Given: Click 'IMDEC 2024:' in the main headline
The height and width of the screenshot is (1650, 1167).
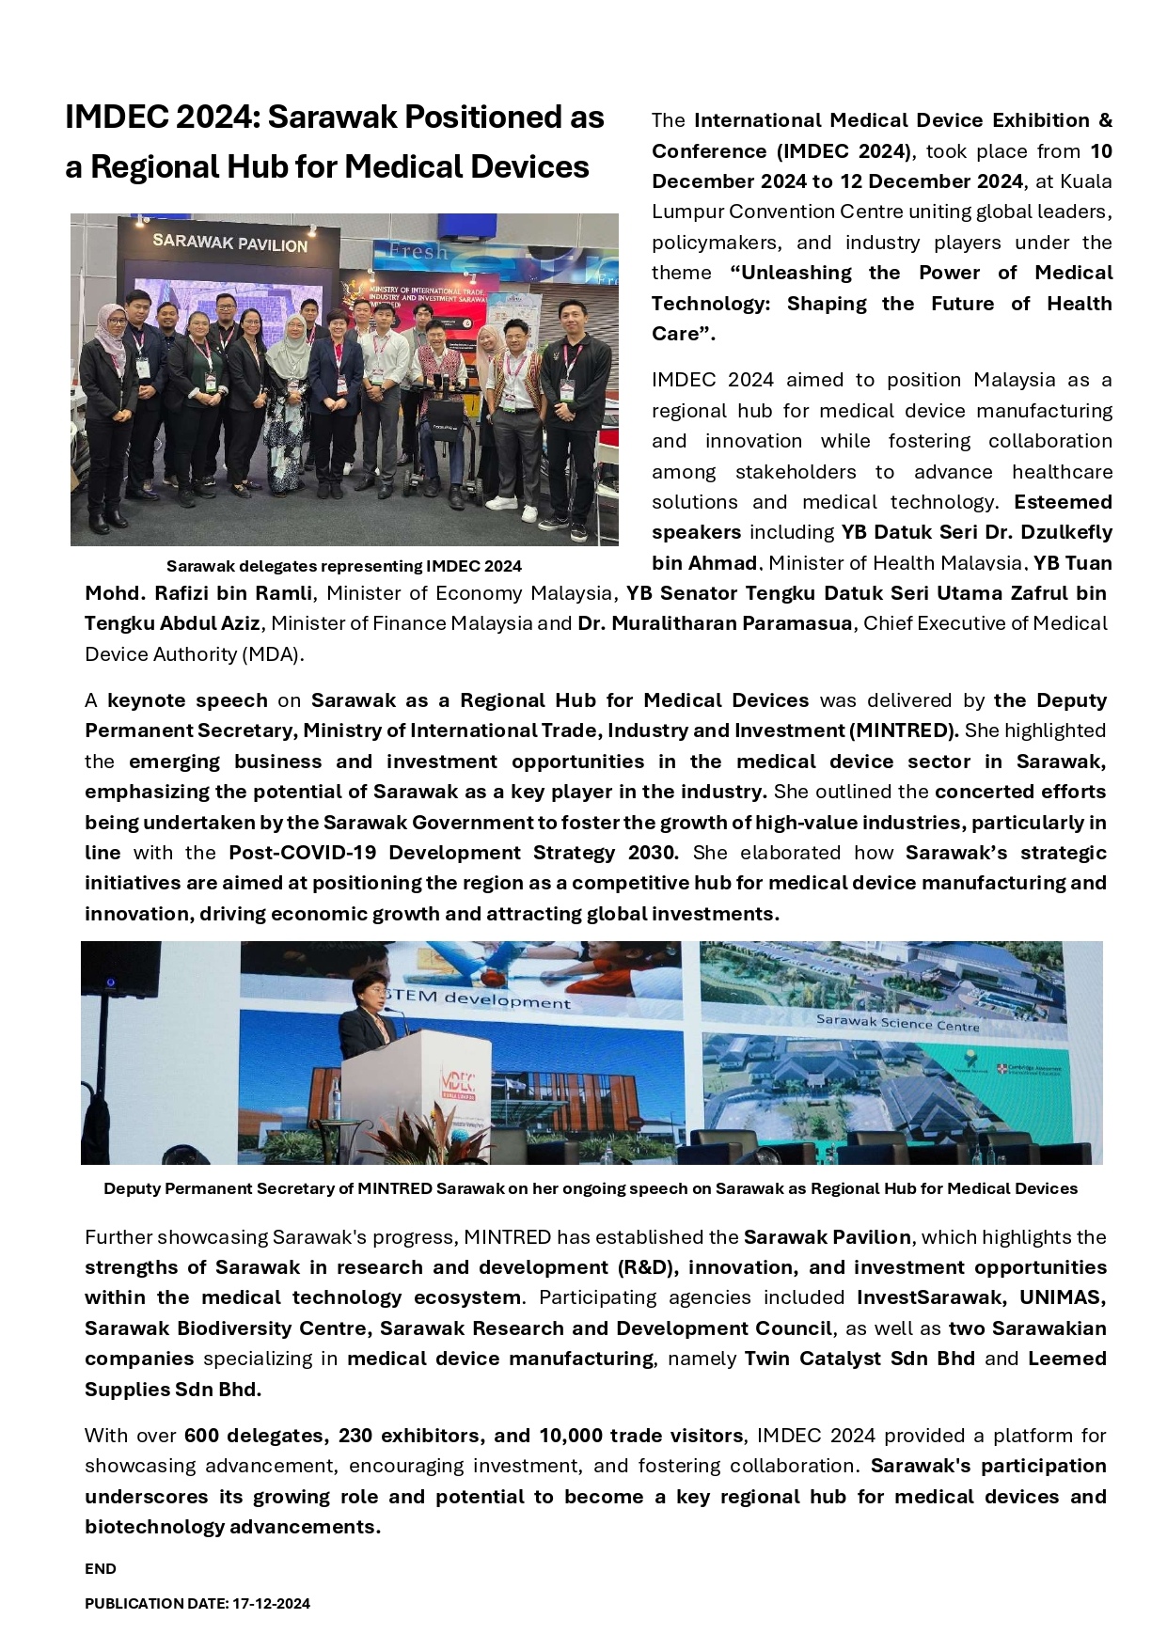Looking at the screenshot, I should click(162, 118).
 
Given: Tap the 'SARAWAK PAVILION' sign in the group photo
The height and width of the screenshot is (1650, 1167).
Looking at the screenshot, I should click(230, 243).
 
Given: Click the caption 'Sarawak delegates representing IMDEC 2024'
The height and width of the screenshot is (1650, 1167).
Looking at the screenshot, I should click(343, 566).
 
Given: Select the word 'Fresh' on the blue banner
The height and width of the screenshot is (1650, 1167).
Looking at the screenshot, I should click(418, 252).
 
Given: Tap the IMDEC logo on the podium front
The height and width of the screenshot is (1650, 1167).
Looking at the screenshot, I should click(459, 1082).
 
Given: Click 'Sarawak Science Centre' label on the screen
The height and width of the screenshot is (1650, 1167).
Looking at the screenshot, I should click(897, 1023).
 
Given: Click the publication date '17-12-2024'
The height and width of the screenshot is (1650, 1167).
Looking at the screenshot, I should click(271, 1604).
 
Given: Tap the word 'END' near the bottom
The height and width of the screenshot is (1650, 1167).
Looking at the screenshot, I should click(101, 1568).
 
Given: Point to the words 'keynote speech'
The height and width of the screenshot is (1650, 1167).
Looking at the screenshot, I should click(187, 700).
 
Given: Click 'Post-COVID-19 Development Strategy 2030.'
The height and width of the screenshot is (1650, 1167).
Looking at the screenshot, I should click(453, 853).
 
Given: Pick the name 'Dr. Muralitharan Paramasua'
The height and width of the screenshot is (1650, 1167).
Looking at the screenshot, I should click(715, 623).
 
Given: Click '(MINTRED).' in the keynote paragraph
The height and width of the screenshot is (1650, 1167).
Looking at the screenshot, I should click(904, 731).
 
